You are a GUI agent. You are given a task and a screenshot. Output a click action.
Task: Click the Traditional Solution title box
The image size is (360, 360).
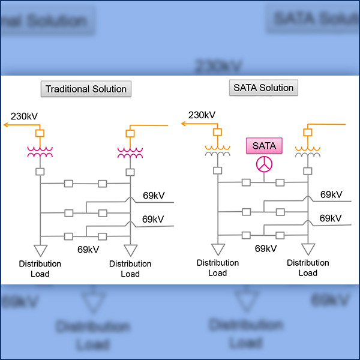click(x=87, y=89)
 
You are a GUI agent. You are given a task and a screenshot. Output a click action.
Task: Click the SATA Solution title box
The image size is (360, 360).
click(x=264, y=88)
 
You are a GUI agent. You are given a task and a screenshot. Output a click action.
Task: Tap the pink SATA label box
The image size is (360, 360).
click(x=264, y=145)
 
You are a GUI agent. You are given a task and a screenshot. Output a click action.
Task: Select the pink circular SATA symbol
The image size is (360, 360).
click(x=264, y=164)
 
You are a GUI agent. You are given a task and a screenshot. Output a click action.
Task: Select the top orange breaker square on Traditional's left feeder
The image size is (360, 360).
click(x=40, y=133)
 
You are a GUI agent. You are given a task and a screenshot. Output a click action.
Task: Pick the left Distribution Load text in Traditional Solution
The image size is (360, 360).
click(x=40, y=269)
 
